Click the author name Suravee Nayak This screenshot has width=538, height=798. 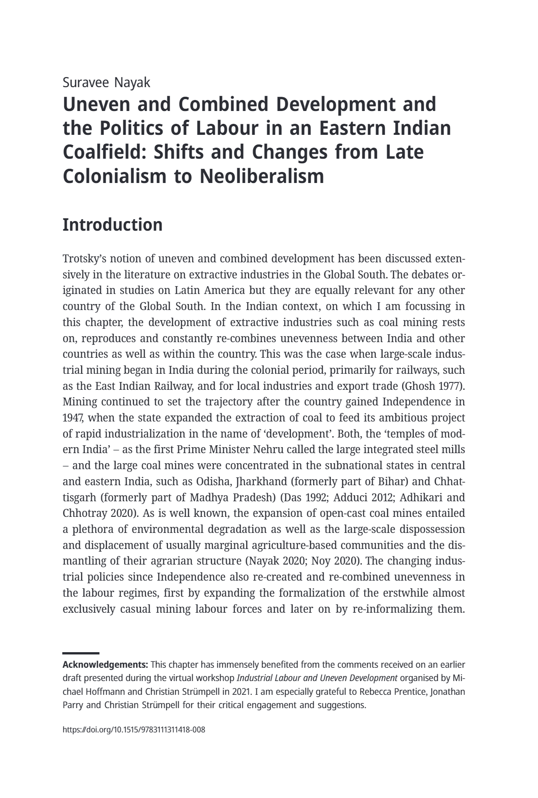pos(106,83)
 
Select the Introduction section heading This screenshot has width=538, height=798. pos(112,225)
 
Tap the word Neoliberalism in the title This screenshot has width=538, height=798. pos(261,176)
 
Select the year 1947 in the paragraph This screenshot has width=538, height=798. pos(72,418)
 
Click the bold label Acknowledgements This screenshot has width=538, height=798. pos(105,665)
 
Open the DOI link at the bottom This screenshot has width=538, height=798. pos(133,730)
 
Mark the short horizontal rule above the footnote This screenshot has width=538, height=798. pos(81,653)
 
